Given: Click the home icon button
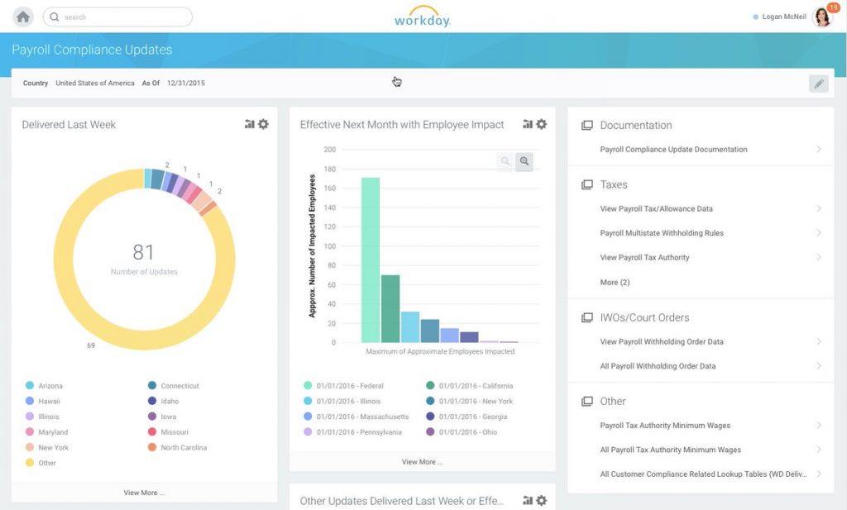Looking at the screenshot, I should tap(23, 17).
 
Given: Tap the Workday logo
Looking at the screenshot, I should tap(422, 17).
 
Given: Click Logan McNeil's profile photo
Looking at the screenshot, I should tap(822, 17).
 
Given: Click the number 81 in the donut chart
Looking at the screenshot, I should tap(144, 252).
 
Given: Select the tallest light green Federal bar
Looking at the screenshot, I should tap(371, 260).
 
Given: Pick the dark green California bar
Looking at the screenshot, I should tap(390, 308).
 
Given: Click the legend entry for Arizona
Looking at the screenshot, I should tap(50, 386).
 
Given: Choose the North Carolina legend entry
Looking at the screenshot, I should tap(183, 448).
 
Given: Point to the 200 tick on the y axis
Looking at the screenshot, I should tap(330, 150).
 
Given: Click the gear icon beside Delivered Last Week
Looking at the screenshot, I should tap(263, 124).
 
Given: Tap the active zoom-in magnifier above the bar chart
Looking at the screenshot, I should tap(524, 162).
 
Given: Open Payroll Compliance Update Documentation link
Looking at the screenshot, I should tap(673, 150).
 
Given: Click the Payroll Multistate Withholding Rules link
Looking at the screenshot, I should tap(662, 233).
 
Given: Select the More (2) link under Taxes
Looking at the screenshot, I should tap(615, 283).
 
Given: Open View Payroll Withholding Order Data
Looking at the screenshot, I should tap(662, 341).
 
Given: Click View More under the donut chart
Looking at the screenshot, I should tap(144, 493).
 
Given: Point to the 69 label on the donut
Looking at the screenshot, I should tap(91, 346).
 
